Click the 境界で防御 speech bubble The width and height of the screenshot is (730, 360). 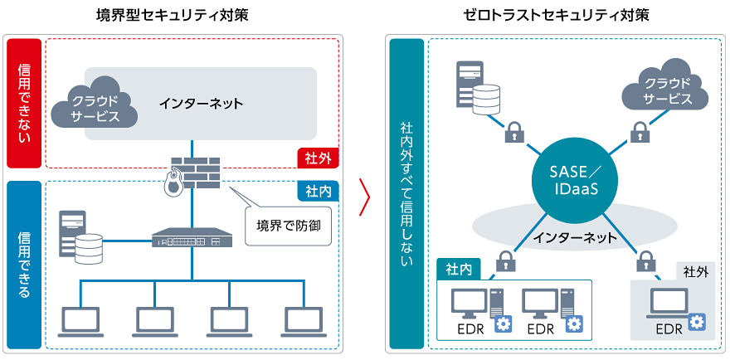(287, 225)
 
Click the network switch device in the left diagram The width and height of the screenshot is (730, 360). (192, 238)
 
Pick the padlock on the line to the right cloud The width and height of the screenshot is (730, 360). (639, 130)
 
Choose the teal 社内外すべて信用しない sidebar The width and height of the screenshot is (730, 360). (406, 192)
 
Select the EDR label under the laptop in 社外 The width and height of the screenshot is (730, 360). (669, 328)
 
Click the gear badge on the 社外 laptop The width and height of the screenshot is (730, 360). (696, 320)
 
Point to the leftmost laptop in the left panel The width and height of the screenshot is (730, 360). (80, 320)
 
